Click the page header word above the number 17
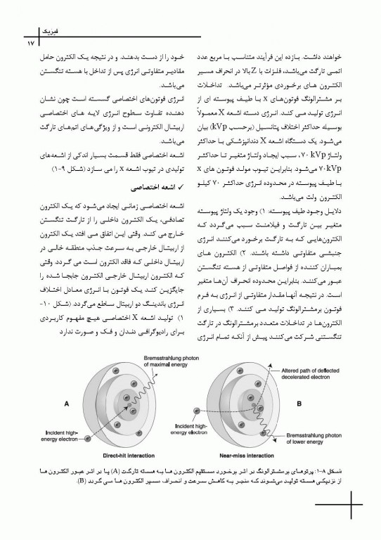coord(33,32)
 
